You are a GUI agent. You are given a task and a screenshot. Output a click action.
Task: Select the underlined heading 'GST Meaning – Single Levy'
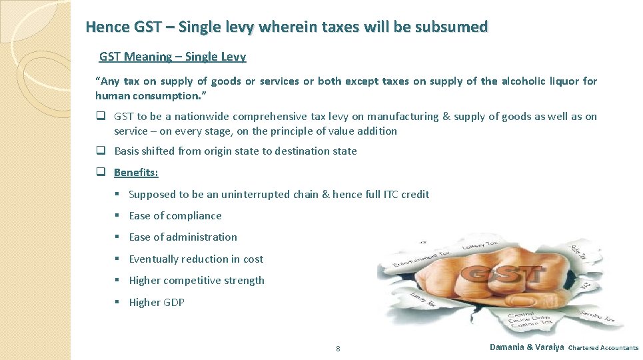(x=173, y=57)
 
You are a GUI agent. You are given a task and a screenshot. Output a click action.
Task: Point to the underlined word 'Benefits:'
(x=136, y=173)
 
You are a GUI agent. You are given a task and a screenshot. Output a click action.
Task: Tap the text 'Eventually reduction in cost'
(x=196, y=259)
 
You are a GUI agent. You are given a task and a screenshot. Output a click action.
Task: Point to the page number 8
(x=338, y=349)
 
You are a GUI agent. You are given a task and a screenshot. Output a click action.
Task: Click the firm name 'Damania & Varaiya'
(x=526, y=347)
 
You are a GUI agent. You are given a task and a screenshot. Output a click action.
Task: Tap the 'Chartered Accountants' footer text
(x=603, y=348)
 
